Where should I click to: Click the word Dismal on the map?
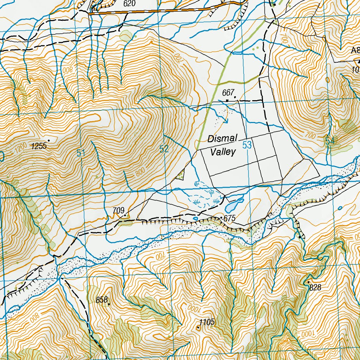click(222, 139)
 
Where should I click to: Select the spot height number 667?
click(228, 93)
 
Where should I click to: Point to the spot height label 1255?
click(39, 146)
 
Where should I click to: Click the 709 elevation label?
click(118, 211)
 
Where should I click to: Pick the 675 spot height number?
click(229, 218)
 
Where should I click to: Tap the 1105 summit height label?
click(207, 322)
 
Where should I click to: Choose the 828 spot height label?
click(315, 288)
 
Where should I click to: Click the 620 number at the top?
click(129, 4)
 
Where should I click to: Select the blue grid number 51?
click(81, 153)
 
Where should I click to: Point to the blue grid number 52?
click(164, 149)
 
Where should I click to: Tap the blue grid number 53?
click(247, 145)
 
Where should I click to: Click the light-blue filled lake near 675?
click(234, 204)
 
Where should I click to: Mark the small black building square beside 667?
click(227, 100)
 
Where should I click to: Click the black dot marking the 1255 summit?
click(49, 141)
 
